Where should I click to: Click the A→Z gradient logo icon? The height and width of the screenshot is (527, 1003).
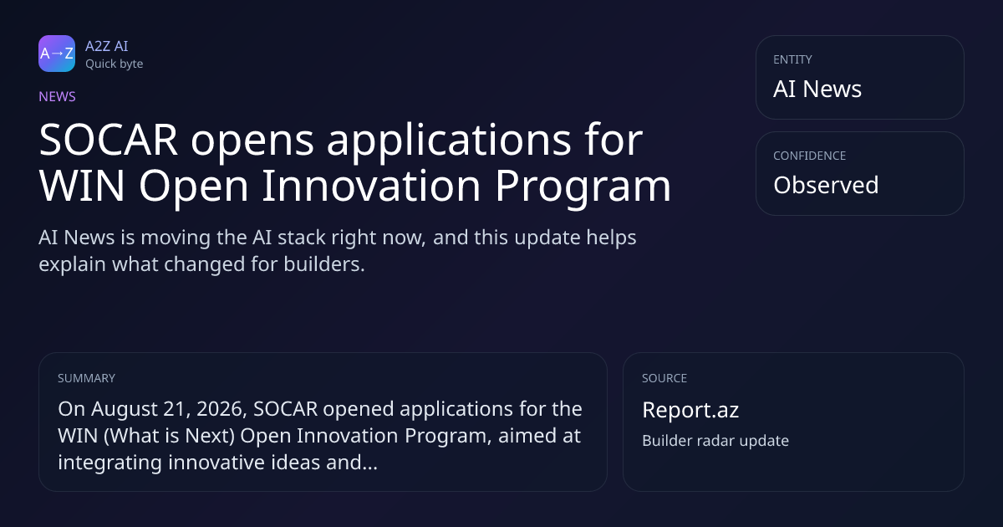(x=57, y=54)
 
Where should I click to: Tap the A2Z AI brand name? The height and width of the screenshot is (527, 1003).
(x=107, y=46)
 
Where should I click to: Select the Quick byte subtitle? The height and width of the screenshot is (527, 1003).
(x=115, y=64)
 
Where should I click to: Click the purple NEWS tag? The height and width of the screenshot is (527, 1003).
(x=57, y=97)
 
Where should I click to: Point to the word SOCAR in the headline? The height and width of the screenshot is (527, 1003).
(x=109, y=140)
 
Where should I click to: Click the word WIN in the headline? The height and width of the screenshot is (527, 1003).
(x=82, y=186)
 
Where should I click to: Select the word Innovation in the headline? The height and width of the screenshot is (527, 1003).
(x=371, y=186)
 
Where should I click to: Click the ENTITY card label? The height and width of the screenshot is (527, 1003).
(x=792, y=59)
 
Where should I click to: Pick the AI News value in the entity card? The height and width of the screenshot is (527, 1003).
(x=817, y=89)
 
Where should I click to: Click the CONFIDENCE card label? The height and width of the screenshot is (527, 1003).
(x=810, y=156)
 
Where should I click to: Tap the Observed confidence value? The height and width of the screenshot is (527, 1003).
(x=826, y=185)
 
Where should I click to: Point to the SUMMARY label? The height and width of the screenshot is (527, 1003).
(x=86, y=378)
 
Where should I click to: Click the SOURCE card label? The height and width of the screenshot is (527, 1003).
(x=664, y=378)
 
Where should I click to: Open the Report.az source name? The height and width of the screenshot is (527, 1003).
(x=690, y=411)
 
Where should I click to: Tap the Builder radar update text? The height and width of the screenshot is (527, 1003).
(x=715, y=441)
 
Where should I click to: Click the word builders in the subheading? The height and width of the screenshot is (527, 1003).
(x=324, y=264)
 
